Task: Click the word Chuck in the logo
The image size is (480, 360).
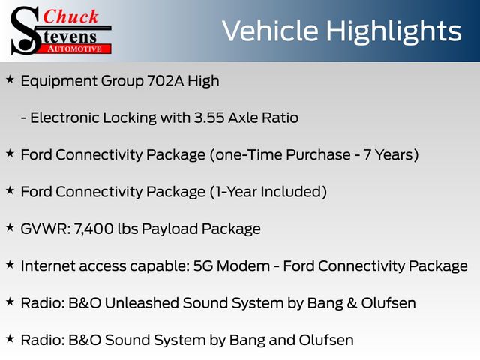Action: click(x=70, y=16)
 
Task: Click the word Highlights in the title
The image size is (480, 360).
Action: click(x=393, y=31)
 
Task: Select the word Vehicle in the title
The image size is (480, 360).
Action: click(x=271, y=31)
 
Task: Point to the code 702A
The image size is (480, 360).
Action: click(x=166, y=81)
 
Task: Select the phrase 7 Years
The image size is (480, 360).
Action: click(x=388, y=155)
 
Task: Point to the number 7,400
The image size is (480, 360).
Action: click(x=94, y=229)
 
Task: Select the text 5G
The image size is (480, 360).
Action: click(x=203, y=266)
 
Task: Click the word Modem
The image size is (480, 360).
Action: click(x=243, y=266)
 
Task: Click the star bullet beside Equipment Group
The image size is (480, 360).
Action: click(x=10, y=79)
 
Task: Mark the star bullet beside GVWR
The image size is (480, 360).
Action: click(x=10, y=228)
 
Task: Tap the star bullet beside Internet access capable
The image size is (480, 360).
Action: click(x=10, y=265)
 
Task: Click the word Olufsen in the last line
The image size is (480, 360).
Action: click(x=326, y=340)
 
